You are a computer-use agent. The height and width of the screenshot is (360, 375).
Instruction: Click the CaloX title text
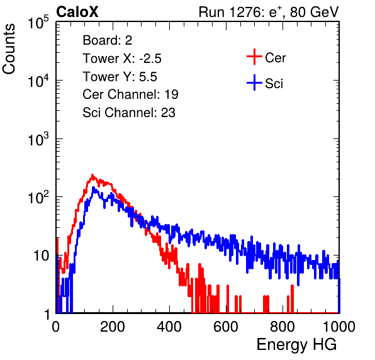(x=77, y=12)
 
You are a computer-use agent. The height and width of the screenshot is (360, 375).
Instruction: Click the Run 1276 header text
(x=269, y=12)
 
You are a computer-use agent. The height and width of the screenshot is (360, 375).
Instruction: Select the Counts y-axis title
(x=9, y=49)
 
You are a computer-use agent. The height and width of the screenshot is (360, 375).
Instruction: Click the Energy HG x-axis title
(x=296, y=345)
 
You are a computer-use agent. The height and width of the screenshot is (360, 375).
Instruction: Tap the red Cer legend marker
(x=254, y=57)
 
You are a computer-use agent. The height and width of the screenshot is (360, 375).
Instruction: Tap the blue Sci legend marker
(x=254, y=82)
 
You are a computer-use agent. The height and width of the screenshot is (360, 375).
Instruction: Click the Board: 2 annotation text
(x=108, y=40)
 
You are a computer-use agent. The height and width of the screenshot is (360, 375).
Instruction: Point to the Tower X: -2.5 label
(x=122, y=59)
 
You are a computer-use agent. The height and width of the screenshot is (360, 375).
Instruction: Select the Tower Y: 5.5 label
(x=120, y=77)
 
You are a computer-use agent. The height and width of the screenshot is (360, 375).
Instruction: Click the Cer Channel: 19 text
(x=130, y=94)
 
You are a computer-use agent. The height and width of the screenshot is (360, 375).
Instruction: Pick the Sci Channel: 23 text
(x=129, y=113)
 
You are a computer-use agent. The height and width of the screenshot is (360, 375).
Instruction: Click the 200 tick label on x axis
(x=113, y=327)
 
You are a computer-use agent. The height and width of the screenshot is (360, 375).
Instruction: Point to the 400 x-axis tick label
(x=169, y=327)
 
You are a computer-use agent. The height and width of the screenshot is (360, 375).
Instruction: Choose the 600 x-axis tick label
(x=226, y=327)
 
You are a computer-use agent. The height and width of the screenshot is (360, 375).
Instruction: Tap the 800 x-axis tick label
(x=283, y=327)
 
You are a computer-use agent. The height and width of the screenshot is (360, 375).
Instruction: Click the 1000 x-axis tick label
(x=339, y=327)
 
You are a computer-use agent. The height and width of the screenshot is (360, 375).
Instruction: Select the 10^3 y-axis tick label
(x=38, y=140)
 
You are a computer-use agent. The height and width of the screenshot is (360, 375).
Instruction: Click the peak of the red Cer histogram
(x=92, y=175)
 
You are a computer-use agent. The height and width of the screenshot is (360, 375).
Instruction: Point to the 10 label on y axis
(x=42, y=256)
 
